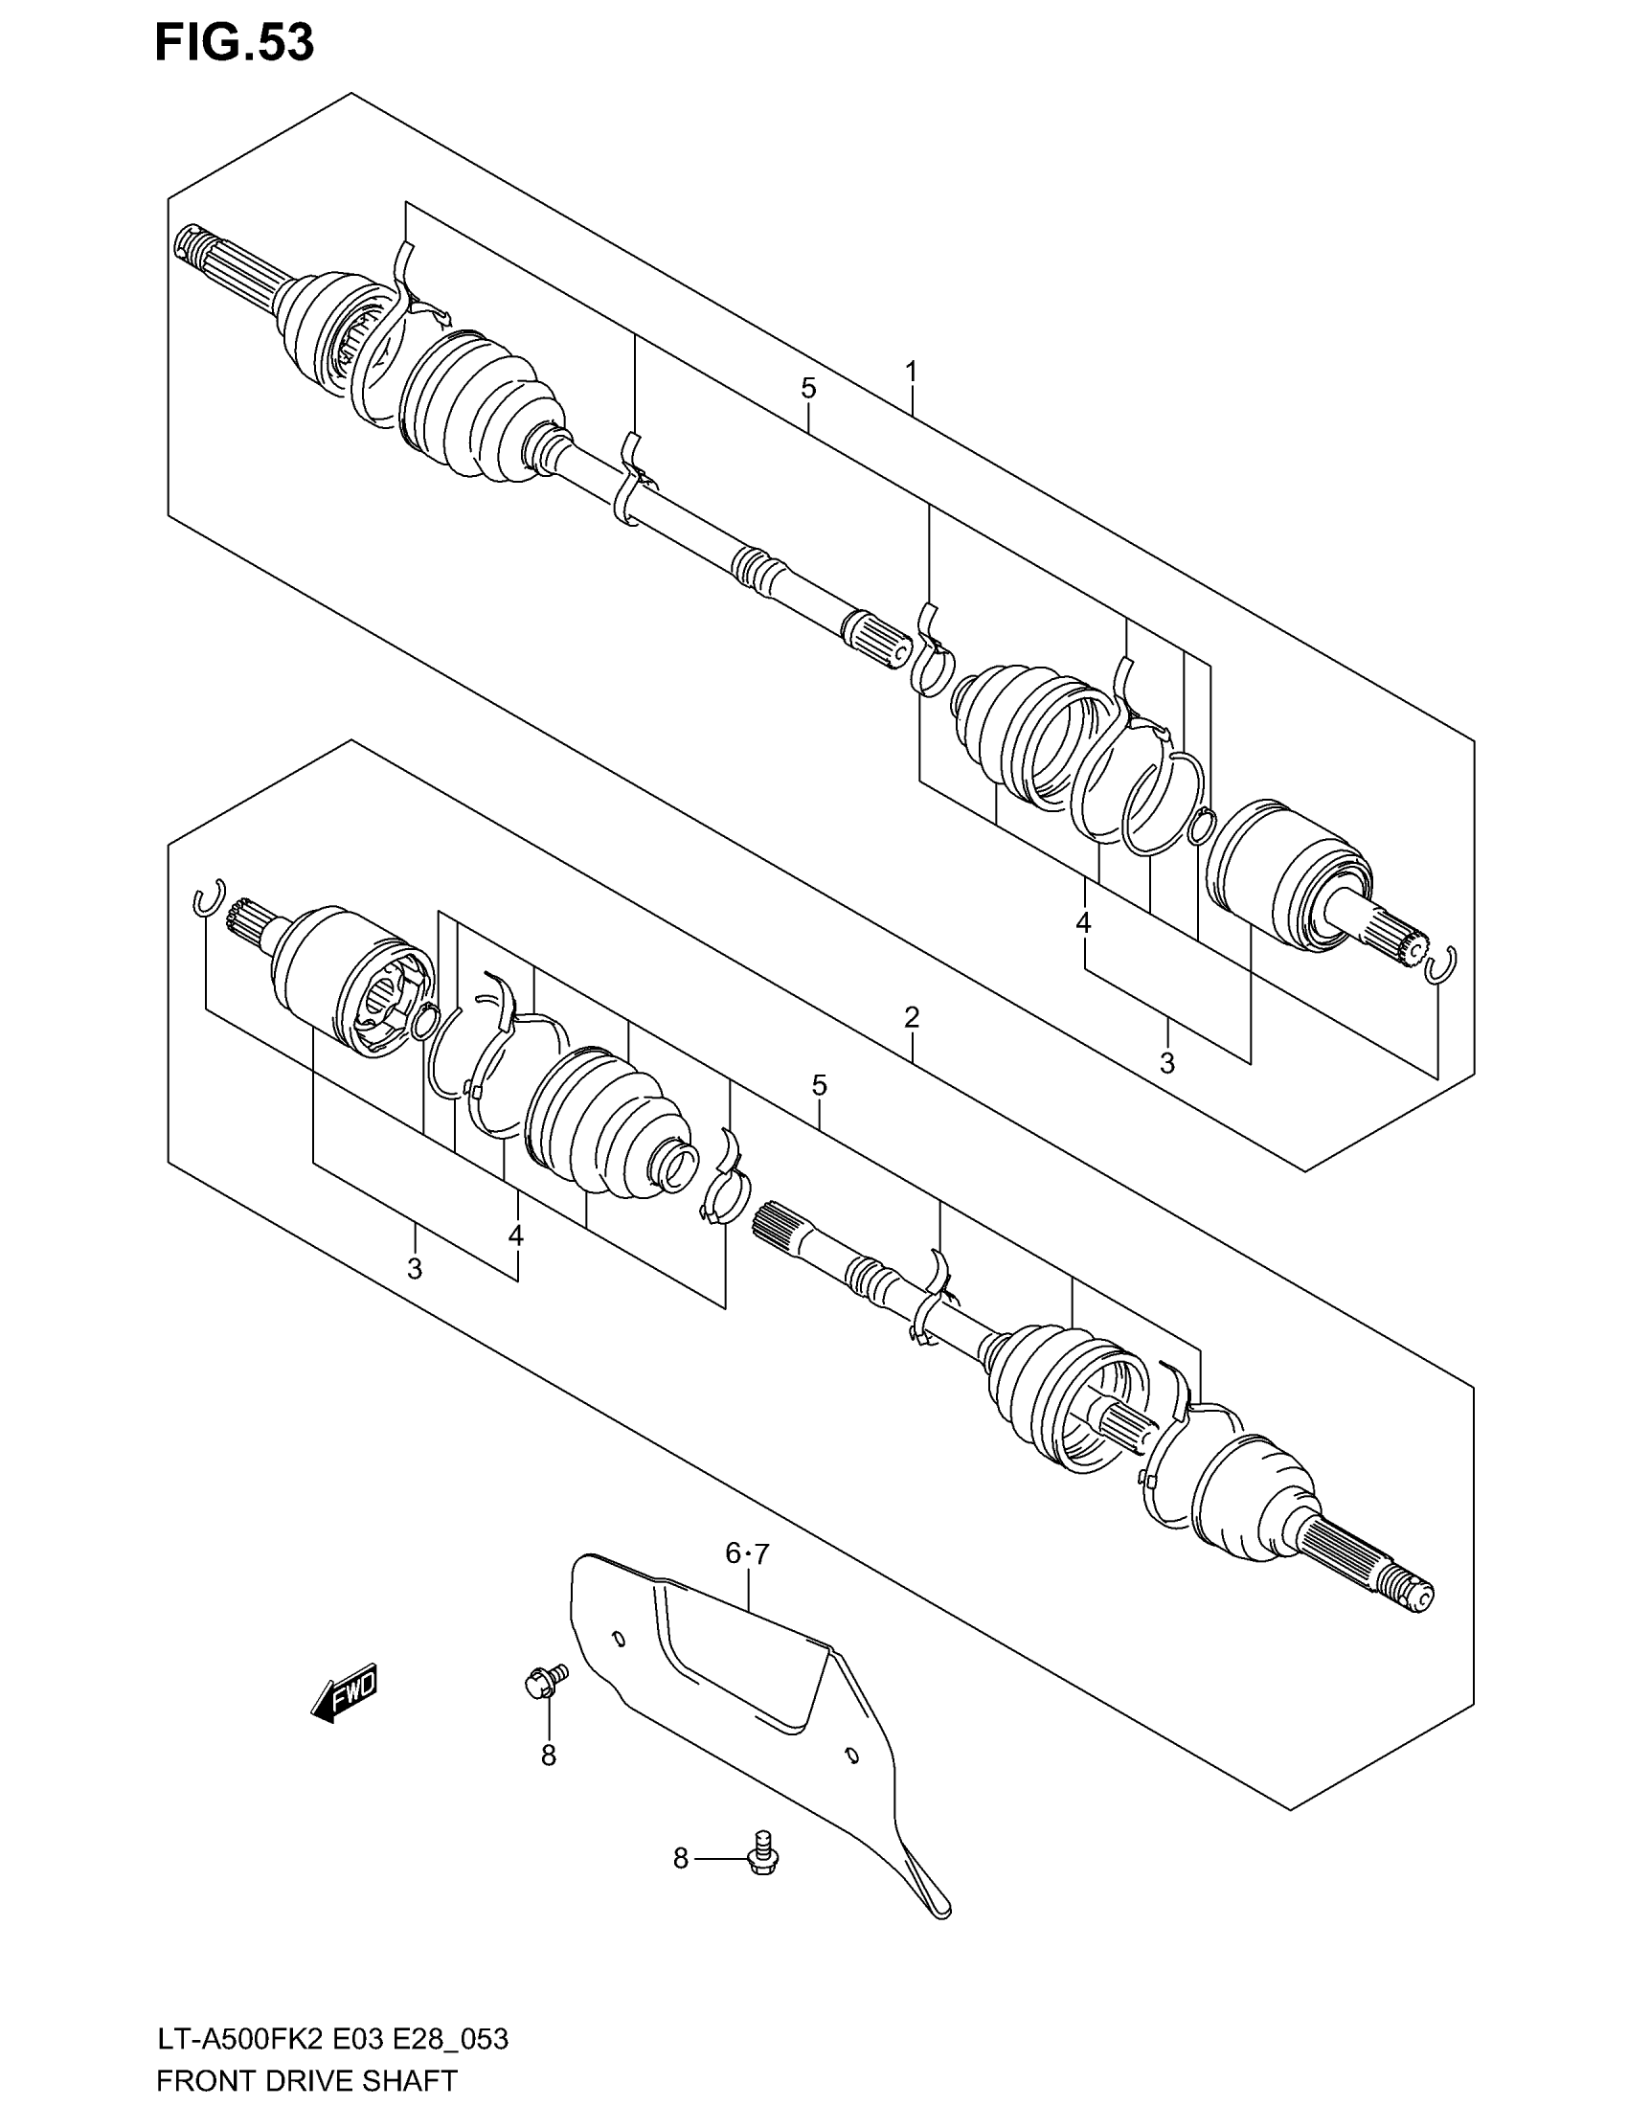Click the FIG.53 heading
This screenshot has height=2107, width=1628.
[x=235, y=43]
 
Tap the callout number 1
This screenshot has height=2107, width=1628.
[x=911, y=371]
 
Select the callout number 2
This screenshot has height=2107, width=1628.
[x=912, y=1016]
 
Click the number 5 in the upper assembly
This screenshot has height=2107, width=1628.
[x=808, y=389]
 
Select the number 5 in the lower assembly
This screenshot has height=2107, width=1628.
[x=819, y=1085]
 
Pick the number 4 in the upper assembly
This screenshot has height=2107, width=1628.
[x=1083, y=923]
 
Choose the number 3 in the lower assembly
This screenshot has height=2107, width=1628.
[x=415, y=1269]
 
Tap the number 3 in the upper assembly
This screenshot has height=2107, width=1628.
[x=1167, y=1063]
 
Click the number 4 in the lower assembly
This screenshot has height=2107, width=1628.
[x=516, y=1235]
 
